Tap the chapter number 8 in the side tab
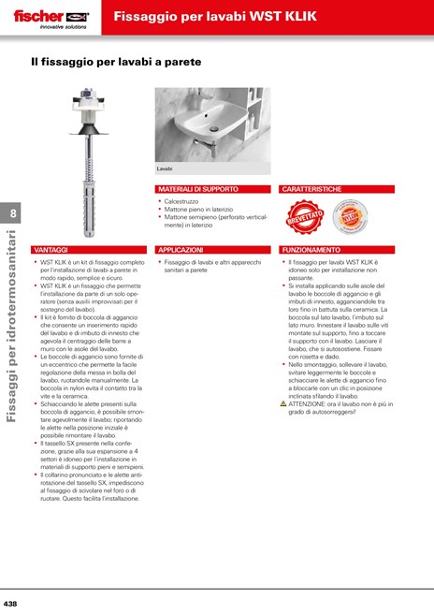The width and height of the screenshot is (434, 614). pos(12,213)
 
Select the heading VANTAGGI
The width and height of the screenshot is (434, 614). pos(51,251)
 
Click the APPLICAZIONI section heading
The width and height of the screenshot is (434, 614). pos(181,251)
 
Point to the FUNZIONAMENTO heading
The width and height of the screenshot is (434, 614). pos(311,251)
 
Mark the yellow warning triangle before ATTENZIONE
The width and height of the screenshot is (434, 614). pos(283,403)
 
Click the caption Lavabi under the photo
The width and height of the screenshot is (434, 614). pos(165,168)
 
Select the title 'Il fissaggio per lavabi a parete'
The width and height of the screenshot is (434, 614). pos(116,62)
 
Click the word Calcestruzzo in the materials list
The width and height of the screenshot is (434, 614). pos(183,201)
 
